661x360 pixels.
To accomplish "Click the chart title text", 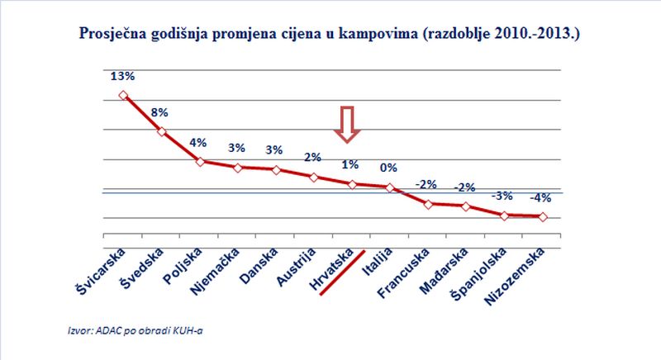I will coord(330,37).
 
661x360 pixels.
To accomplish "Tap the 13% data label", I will coord(122,76).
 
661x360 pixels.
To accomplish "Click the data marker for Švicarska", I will coord(123,95).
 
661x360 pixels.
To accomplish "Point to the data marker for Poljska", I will coord(200,161).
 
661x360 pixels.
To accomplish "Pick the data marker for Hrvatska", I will coord(352,184).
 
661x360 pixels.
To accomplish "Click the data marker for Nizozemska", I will coord(542,217).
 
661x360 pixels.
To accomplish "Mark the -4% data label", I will coord(542,198).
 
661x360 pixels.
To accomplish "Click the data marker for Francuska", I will coord(428,203).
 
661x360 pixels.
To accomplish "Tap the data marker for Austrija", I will coord(314,176).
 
